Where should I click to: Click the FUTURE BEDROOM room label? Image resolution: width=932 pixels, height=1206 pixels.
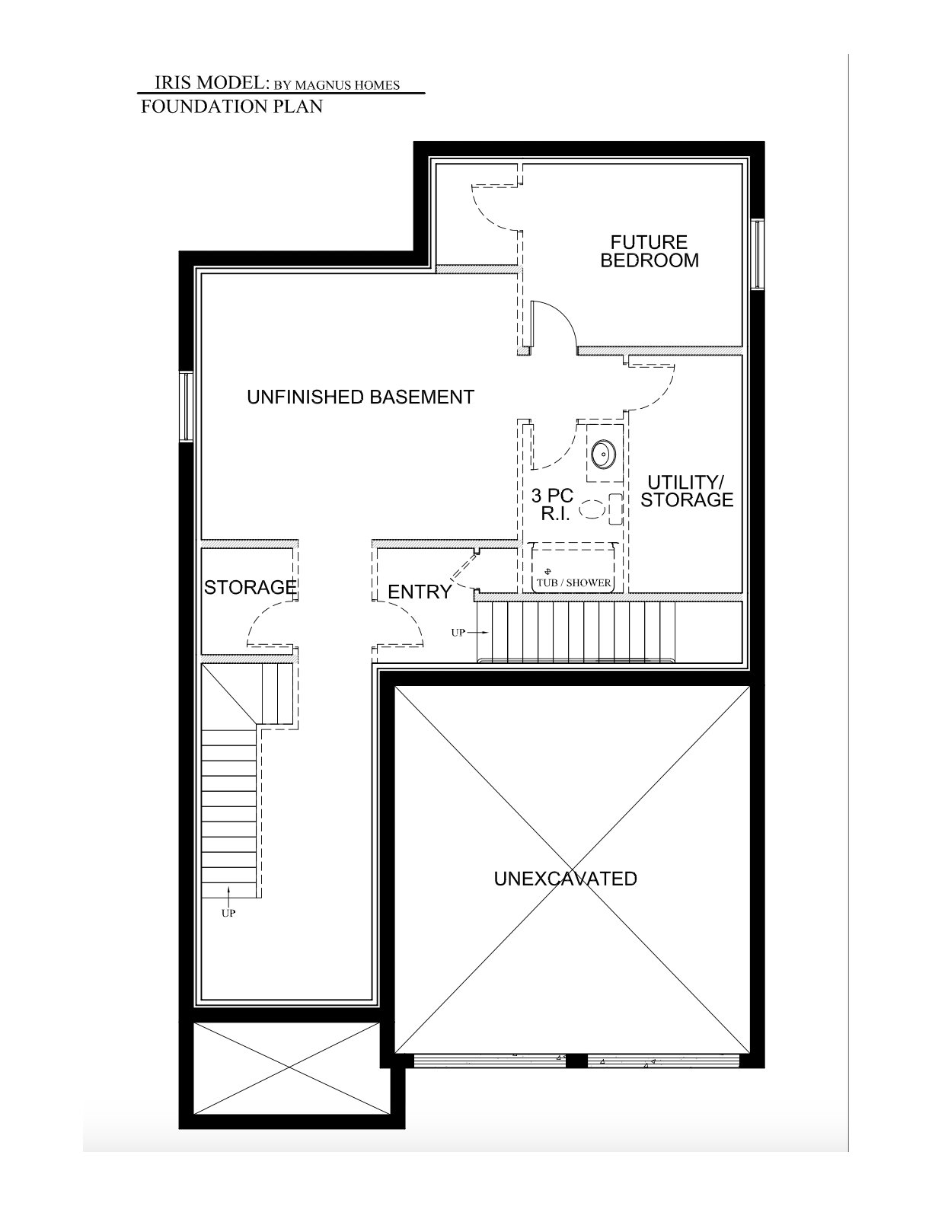tap(649, 251)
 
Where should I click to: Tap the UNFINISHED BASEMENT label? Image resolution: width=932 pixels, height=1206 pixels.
tap(360, 397)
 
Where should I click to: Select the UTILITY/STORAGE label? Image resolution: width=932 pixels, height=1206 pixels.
tap(688, 490)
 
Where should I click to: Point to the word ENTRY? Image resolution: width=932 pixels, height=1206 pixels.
tap(419, 592)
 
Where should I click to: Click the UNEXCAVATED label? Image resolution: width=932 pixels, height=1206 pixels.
tap(565, 879)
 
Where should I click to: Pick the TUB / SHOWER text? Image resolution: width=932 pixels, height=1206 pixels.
tap(574, 582)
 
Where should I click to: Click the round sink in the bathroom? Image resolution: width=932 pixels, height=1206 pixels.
tap(603, 455)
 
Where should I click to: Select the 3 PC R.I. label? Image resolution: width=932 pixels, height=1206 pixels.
tap(552, 504)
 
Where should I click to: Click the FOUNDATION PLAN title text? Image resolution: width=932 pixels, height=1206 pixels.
tap(231, 106)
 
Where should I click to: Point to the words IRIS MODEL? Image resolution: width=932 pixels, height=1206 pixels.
tap(211, 83)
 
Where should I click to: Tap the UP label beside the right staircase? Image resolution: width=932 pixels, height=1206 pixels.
tap(458, 632)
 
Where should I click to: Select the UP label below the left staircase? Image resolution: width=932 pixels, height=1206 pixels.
tap(228, 913)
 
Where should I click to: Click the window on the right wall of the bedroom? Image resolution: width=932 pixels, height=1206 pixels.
tap(757, 254)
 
